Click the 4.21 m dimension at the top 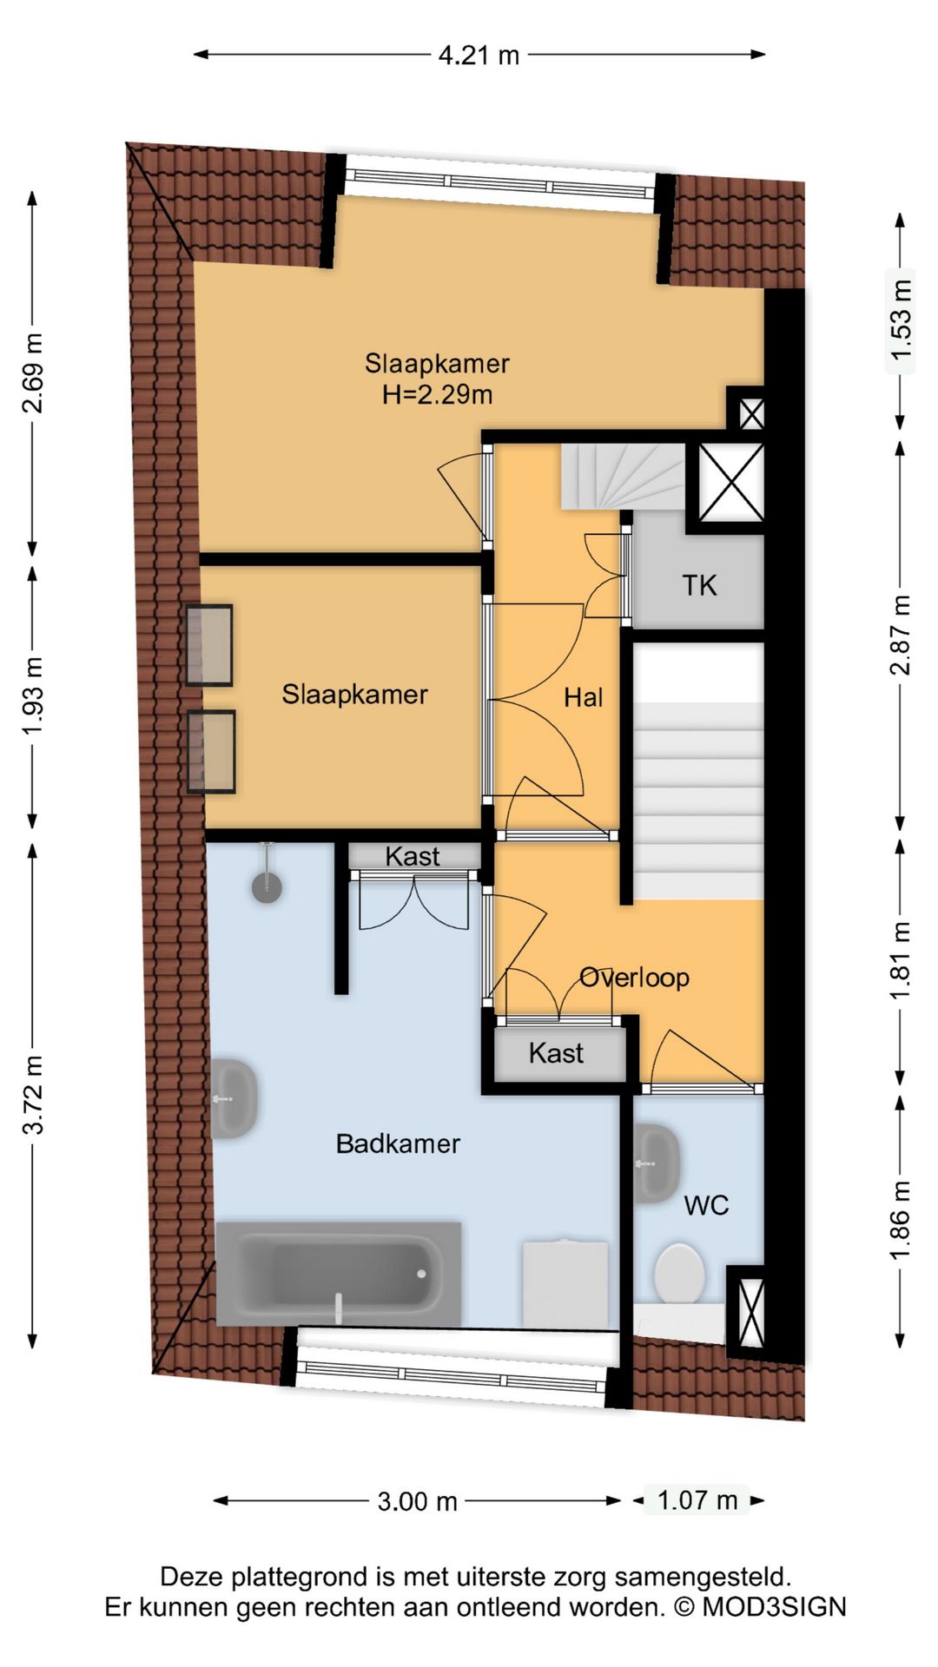(479, 56)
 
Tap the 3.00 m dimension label (417, 1501)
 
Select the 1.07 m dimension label (697, 1499)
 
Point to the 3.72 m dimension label (33, 1095)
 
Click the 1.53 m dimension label (902, 321)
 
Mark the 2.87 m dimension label (902, 636)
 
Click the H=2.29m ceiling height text (438, 395)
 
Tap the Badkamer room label (398, 1143)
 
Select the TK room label (699, 585)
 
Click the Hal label (583, 697)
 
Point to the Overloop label (635, 978)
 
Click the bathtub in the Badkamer (339, 1274)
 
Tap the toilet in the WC (679, 1274)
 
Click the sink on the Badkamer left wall (234, 1098)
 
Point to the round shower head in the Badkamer (267, 886)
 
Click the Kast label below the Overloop (556, 1053)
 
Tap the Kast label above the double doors (413, 856)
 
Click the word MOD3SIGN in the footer (774, 1607)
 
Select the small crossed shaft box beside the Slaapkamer (751, 413)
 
